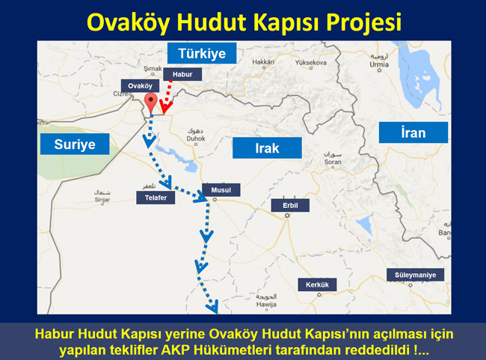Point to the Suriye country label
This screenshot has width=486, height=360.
[x=75, y=144]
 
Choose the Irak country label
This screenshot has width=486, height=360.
[x=267, y=148]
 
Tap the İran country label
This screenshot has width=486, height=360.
[x=413, y=133]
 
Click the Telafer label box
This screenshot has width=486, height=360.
[x=150, y=198]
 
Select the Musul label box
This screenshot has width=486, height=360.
[x=221, y=190]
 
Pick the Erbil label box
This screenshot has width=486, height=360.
[x=290, y=204]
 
